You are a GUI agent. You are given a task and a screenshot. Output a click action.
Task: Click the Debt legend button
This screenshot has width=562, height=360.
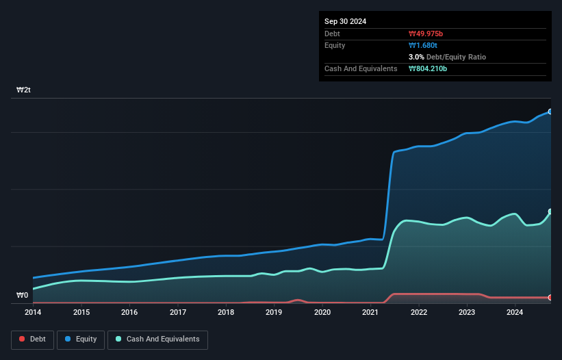click(31, 339)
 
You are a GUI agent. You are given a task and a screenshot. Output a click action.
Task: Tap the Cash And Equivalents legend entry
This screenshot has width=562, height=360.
click(157, 339)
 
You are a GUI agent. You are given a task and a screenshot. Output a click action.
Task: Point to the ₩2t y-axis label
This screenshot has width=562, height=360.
click(23, 90)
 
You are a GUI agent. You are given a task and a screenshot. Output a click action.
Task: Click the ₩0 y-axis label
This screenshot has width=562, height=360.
click(23, 296)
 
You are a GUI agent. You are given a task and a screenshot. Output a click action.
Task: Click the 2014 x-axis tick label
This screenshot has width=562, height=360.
click(33, 313)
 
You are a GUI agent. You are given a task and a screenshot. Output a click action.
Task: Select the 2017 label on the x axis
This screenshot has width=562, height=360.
click(178, 313)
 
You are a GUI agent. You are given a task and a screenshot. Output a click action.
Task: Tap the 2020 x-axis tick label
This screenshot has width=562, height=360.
click(322, 313)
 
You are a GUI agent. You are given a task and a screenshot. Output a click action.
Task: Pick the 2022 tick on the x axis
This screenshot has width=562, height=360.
click(419, 313)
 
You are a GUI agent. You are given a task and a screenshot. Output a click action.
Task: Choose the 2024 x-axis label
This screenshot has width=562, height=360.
click(515, 313)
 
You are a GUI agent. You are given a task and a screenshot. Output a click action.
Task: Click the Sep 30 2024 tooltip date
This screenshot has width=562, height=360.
click(345, 21)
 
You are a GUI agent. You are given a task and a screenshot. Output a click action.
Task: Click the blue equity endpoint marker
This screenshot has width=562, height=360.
click(550, 112)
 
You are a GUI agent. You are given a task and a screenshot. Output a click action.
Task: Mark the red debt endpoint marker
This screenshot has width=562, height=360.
click(550, 298)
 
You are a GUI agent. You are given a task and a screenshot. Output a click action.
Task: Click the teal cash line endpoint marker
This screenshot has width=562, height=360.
click(550, 211)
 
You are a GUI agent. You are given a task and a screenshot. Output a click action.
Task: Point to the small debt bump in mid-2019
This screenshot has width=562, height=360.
click(298, 300)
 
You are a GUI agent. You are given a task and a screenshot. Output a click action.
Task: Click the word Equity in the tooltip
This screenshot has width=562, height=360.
click(335, 45)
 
